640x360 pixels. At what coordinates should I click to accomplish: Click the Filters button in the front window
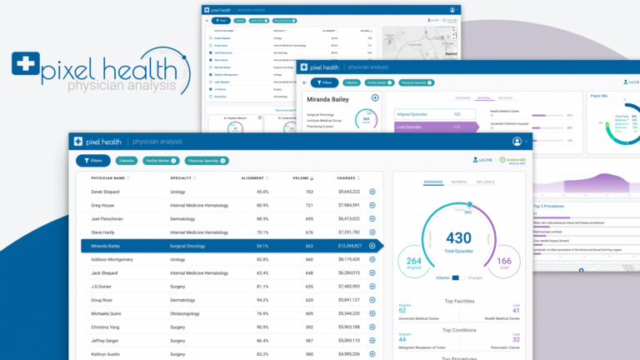coord(92,160)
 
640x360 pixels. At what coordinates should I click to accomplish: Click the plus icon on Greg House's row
coord(372,205)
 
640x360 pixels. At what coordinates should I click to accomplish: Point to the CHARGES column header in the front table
coord(347,177)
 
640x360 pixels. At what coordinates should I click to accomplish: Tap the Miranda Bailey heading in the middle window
coord(329,98)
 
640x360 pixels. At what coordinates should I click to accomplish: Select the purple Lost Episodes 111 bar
coord(433,127)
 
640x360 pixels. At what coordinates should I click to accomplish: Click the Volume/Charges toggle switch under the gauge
coord(456,277)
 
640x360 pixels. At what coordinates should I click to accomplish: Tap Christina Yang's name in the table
coord(106,327)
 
